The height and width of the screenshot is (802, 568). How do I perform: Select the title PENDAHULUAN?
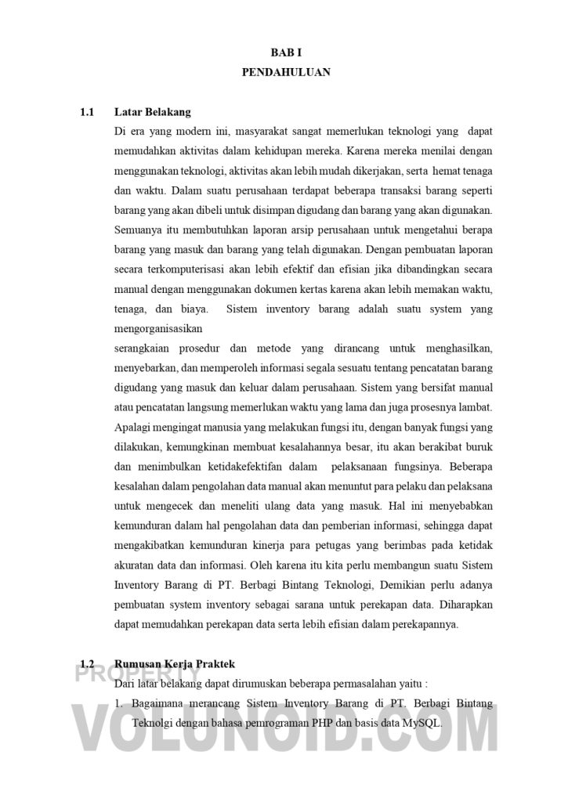[285, 73]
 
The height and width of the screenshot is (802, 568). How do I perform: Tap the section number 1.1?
[87, 112]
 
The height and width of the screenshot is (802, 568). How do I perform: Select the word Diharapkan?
[459, 605]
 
